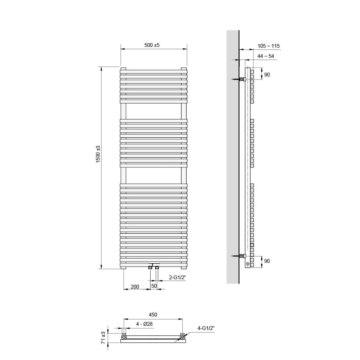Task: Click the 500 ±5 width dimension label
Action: coord(152,45)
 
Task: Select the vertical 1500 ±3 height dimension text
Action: coord(98,155)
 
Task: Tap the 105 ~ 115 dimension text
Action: coord(268,46)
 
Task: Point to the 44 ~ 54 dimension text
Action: coord(266,56)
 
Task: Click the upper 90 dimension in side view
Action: coord(267,75)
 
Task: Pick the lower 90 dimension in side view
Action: coord(267,261)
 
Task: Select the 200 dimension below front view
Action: coord(135,287)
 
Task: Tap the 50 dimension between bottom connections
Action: coord(154,286)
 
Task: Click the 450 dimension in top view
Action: coord(153,315)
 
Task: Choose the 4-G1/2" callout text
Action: coord(206,328)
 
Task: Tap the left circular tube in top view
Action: coord(124,337)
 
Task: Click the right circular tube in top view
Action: coord(182,337)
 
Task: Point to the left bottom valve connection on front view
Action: coord(151,267)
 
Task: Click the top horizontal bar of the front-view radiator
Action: coord(153,71)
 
